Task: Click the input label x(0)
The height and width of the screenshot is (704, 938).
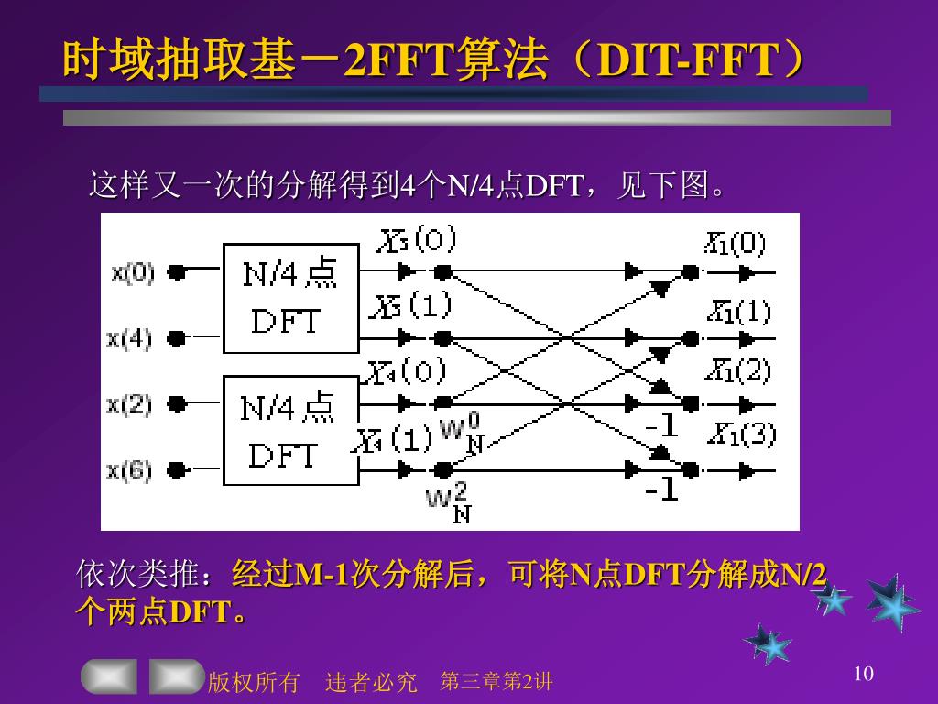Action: tap(133, 272)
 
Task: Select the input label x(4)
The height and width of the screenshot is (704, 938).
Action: tap(129, 338)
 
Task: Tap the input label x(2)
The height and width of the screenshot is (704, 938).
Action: tap(129, 403)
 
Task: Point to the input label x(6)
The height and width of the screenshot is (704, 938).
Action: tap(129, 470)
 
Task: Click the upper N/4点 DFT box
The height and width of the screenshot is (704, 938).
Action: tap(290, 298)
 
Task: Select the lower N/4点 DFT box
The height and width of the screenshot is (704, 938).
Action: tap(290, 431)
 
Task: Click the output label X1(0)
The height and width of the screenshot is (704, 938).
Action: tap(735, 243)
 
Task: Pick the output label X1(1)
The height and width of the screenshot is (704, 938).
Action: tap(738, 312)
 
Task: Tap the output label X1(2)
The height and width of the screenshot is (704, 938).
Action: tap(738, 371)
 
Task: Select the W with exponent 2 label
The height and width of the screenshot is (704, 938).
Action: tap(449, 502)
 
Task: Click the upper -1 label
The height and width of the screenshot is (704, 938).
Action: tap(660, 425)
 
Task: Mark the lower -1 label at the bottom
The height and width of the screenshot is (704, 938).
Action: tap(660, 490)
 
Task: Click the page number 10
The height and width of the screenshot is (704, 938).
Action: tap(863, 675)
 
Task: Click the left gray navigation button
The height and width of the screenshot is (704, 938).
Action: tap(109, 676)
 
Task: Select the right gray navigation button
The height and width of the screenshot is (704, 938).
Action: tap(176, 676)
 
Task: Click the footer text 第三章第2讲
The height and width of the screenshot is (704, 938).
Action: tap(496, 681)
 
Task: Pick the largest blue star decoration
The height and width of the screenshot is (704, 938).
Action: tap(891, 603)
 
